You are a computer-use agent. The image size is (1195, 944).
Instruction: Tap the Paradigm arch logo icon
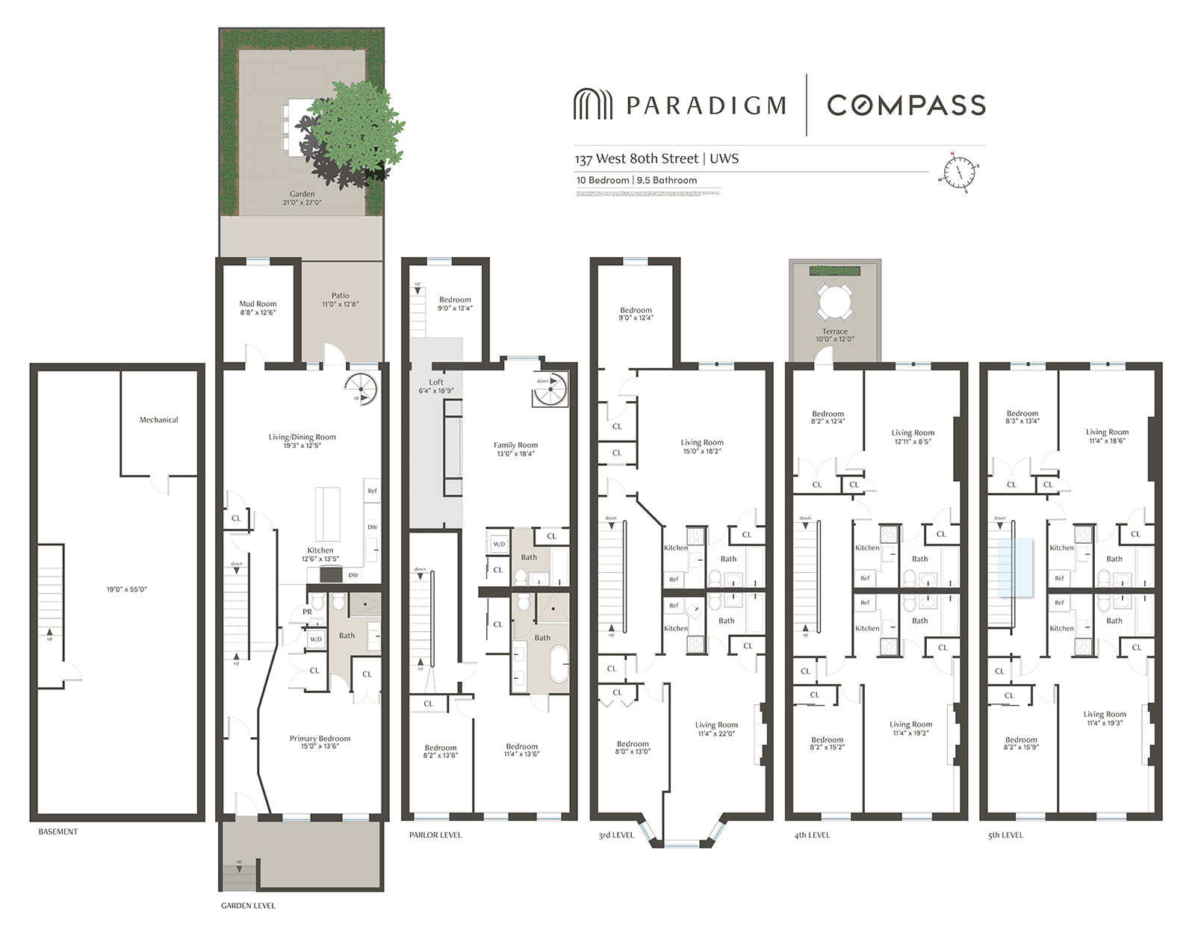[593, 105]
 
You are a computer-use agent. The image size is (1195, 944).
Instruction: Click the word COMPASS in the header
[906, 105]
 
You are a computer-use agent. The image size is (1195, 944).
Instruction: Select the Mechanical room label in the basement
[158, 420]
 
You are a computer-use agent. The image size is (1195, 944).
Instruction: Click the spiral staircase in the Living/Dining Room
[361, 389]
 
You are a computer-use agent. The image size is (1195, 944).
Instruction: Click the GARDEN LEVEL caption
[248, 905]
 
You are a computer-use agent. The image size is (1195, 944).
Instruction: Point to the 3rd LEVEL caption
[616, 835]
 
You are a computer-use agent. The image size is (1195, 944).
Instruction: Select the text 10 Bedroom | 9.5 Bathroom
[636, 180]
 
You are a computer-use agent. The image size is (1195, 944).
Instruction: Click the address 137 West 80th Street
[637, 158]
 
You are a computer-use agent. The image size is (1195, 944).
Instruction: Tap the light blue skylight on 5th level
[1016, 567]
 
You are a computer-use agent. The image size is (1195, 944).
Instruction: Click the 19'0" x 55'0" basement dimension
[127, 589]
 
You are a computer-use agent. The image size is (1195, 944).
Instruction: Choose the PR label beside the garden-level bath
[307, 612]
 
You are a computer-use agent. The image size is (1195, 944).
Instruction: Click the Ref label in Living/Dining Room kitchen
[372, 491]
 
